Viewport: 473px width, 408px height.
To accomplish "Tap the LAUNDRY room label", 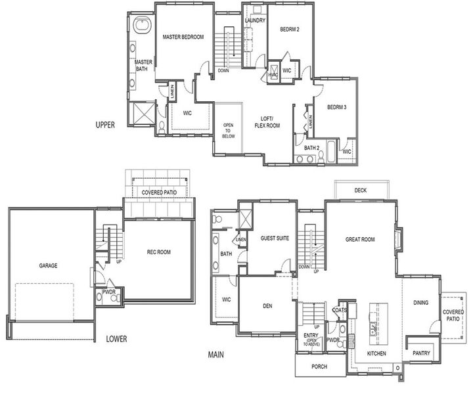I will click(254, 20).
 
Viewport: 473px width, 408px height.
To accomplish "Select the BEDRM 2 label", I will click(290, 29).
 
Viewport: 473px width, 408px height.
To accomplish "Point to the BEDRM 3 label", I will click(336, 106).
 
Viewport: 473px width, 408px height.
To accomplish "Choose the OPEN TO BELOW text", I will click(228, 130).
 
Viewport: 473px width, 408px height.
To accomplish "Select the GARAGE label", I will click(48, 266).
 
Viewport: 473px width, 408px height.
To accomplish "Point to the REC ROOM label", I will click(159, 252).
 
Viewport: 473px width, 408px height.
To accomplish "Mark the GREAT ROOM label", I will click(360, 240).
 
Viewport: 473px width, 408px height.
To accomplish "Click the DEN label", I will click(267, 306).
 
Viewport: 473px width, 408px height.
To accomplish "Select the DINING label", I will click(421, 303).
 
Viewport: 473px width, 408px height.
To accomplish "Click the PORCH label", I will click(319, 367).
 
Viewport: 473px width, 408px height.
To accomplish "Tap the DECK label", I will click(361, 190).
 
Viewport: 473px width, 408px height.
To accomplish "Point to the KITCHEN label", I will click(376, 354).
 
